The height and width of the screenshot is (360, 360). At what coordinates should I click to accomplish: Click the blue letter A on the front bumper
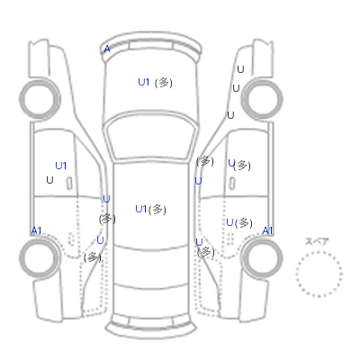point(107,49)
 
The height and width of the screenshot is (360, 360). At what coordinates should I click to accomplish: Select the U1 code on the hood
point(144,82)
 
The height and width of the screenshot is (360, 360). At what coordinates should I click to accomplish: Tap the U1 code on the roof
point(141,209)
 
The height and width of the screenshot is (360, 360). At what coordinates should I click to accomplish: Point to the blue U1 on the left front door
point(61,166)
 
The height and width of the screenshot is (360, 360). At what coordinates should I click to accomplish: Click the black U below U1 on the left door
point(49,180)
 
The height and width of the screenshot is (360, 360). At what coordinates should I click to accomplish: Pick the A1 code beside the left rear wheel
point(36,230)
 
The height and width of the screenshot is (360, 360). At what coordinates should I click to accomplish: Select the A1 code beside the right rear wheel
point(267,230)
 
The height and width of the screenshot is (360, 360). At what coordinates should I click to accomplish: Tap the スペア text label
point(317,241)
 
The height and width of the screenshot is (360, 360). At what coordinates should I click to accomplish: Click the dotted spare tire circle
point(319,252)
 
